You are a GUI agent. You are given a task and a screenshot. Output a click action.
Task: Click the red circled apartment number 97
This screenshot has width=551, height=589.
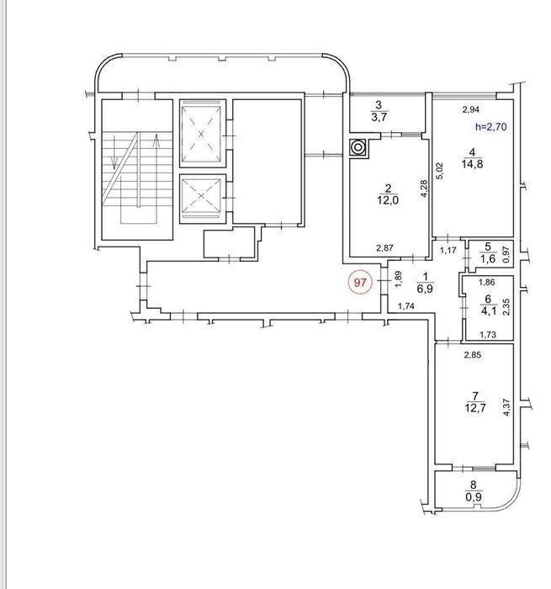(x=360, y=282)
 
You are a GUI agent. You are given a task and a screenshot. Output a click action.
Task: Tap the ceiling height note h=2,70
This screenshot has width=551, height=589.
(x=491, y=126)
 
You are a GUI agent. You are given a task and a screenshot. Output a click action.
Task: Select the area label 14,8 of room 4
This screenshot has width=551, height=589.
(x=472, y=164)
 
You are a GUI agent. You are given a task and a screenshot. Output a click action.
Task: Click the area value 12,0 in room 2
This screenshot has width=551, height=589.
(x=388, y=200)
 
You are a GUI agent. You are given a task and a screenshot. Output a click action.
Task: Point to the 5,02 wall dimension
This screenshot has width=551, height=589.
(x=440, y=171)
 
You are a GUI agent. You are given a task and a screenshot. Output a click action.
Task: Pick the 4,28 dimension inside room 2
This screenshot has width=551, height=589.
(x=424, y=188)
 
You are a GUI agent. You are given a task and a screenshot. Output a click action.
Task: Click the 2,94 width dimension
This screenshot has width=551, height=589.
(x=470, y=109)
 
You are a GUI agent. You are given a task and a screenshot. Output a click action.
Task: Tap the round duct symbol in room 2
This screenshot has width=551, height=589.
(x=358, y=147)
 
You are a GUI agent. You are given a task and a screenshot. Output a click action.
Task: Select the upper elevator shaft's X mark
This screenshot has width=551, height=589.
(x=202, y=133)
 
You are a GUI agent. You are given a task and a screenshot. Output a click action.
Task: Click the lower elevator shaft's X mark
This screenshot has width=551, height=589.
(x=202, y=195)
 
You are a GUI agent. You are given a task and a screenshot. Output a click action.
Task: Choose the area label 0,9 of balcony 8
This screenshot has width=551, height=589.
(x=474, y=497)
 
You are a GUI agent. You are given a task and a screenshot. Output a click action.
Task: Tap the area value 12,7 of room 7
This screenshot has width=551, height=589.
(x=475, y=407)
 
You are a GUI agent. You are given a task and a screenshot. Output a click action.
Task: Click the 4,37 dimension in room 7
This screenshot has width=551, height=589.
(x=506, y=407)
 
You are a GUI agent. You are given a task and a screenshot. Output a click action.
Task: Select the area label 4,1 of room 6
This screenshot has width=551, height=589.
(x=488, y=311)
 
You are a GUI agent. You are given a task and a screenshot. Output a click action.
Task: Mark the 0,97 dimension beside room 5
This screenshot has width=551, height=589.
(x=506, y=254)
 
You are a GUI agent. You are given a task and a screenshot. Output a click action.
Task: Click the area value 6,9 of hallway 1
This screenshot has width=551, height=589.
(x=425, y=289)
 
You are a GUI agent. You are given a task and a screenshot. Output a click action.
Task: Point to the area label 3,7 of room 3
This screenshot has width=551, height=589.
(x=379, y=117)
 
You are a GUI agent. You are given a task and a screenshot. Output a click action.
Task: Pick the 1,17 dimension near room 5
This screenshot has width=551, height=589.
(x=448, y=250)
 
